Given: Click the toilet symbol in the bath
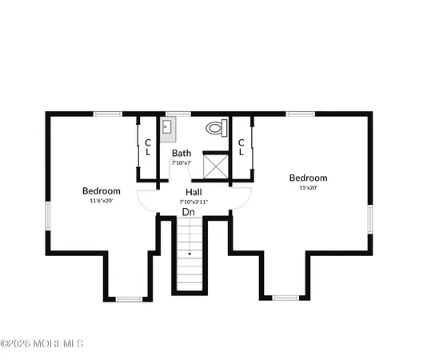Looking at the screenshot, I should click(x=215, y=128).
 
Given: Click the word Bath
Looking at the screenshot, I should click(x=182, y=153).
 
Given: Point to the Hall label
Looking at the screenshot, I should click(x=194, y=192).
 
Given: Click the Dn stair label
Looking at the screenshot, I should click(x=189, y=212).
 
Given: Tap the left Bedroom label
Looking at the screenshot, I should click(x=102, y=191).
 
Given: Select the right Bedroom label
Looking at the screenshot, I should click(x=308, y=178).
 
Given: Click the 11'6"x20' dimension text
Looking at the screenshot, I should click(x=102, y=202).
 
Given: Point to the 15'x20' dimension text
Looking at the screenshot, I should click(x=308, y=188).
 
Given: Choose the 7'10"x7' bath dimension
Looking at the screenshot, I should click(x=182, y=162).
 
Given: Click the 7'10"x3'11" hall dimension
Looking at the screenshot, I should click(x=194, y=202).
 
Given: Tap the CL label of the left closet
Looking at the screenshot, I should click(x=148, y=147).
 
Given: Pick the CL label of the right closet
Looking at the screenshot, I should click(x=241, y=147).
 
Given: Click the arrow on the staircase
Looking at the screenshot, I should click(x=190, y=254).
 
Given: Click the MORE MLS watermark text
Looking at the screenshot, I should click(x=42, y=344).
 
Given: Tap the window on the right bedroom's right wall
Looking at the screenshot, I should click(x=370, y=217).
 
